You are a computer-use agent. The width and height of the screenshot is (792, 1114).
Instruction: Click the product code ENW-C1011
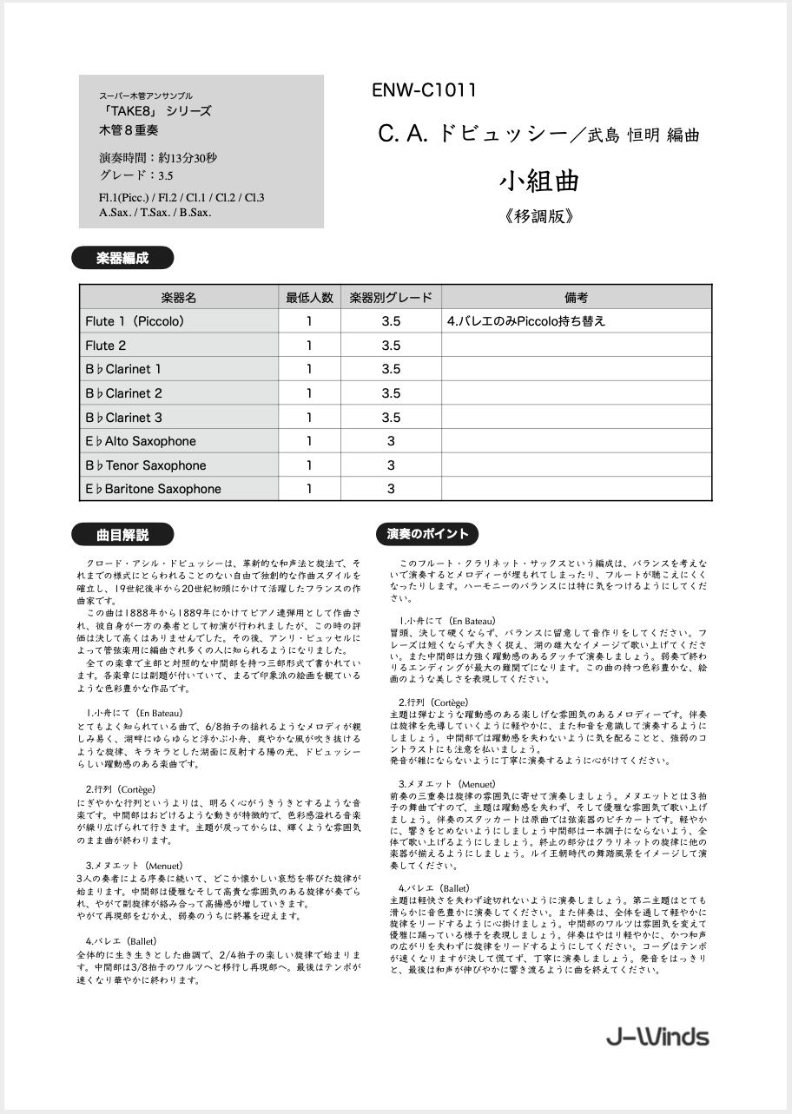[424, 90]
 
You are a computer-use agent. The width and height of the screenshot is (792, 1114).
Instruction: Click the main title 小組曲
[538, 181]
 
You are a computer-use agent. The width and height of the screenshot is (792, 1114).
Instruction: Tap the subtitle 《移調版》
[538, 217]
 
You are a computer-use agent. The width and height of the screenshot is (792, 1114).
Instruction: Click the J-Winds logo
[657, 1037]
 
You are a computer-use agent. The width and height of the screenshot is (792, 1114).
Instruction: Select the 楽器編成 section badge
[122, 258]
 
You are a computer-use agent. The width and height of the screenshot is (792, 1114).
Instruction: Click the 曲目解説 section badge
[122, 534]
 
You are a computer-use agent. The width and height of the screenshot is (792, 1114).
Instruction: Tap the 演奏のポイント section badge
[427, 534]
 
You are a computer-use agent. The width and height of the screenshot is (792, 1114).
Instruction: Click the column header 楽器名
[179, 297]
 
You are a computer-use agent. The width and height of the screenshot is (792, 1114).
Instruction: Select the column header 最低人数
[309, 297]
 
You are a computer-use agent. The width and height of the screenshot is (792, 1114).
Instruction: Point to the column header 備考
[576, 297]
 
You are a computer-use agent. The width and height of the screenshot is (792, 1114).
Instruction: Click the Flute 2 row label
[106, 346]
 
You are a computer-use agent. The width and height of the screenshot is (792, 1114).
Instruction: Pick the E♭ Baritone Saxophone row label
[154, 489]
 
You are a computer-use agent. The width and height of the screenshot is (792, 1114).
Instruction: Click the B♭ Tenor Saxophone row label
[146, 465]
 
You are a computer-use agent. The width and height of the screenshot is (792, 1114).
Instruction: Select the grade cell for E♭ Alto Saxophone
[391, 441]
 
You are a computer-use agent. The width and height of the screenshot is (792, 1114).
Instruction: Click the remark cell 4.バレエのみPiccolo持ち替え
[526, 321]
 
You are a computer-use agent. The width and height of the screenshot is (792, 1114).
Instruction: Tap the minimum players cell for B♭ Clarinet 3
[309, 418]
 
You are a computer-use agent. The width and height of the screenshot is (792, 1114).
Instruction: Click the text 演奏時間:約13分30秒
[158, 158]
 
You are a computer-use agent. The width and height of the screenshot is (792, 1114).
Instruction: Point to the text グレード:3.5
[136, 175]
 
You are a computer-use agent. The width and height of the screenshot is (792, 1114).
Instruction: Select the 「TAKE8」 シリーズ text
[155, 112]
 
